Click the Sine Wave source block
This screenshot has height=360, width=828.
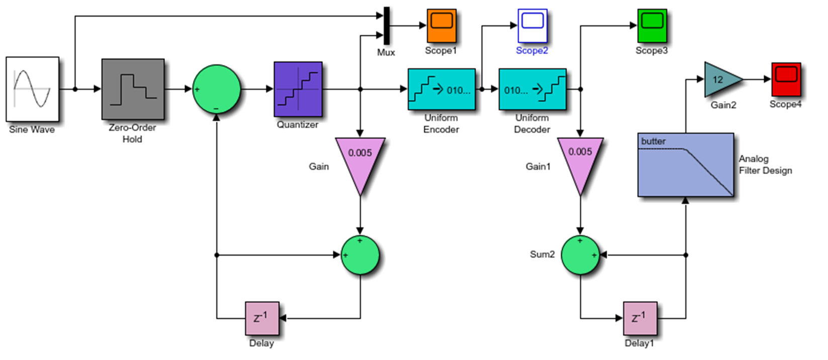point(32,89)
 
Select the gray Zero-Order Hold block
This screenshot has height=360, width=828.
point(133,89)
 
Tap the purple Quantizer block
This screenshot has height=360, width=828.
point(298,89)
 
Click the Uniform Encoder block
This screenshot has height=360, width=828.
point(441,89)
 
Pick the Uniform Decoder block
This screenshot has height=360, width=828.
point(532,89)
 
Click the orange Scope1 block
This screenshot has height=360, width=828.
point(441,25)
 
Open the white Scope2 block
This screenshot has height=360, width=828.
point(532,25)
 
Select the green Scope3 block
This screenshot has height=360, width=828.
point(652,25)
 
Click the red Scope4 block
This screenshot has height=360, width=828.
point(786,79)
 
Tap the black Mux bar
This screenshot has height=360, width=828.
point(386,26)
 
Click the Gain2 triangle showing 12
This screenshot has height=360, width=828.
point(720,79)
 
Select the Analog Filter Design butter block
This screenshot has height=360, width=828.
point(685,165)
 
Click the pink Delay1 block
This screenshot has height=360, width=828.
point(639,318)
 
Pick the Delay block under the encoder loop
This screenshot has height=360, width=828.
point(261,318)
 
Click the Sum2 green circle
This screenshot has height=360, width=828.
point(580,255)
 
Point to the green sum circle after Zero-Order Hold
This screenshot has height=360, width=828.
point(217,89)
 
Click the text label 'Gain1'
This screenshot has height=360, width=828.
point(538,166)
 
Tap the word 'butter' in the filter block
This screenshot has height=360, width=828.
point(653,141)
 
